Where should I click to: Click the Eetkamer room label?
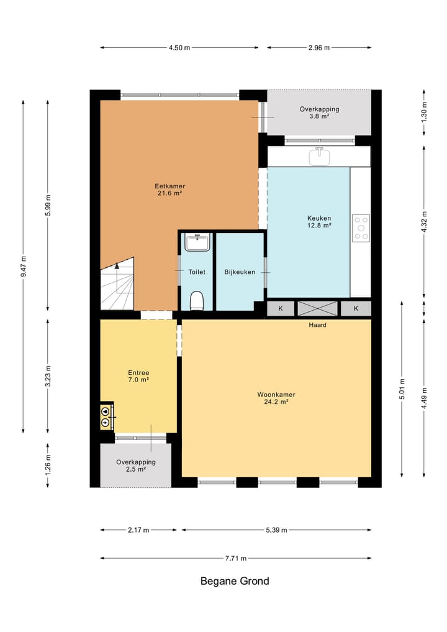tap(170, 190)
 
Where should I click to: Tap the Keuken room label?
tap(319, 222)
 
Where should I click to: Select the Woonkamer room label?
tap(276, 398)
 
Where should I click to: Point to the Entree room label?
tap(138, 376)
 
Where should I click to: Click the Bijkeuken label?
tap(240, 272)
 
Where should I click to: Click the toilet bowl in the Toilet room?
tap(197, 301)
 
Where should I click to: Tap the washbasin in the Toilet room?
tap(197, 242)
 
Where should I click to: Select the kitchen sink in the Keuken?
tap(319, 157)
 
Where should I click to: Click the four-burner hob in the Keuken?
tap(361, 228)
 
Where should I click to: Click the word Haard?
tap(317, 325)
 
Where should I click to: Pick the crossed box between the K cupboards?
tap(318, 309)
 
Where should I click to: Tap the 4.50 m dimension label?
tap(179, 48)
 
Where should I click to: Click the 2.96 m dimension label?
tap(319, 48)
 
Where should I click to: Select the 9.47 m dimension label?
tap(24, 267)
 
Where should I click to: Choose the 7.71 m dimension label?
tap(235, 558)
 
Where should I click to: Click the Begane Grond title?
tap(235, 581)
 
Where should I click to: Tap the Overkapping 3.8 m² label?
tap(319, 112)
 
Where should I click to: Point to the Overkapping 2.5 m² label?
tap(136, 465)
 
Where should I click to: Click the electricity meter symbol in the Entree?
tap(106, 422)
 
